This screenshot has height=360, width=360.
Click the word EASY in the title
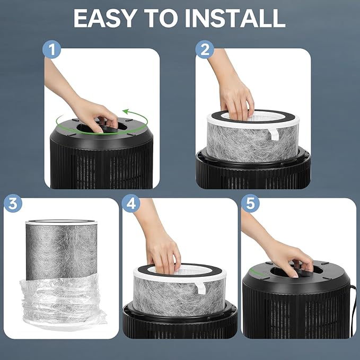point(104,19)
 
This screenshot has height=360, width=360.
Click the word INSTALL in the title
point(235,19)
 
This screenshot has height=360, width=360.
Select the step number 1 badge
point(51,49)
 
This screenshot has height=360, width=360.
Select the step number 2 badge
point(205,49)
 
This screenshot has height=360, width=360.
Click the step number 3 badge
point(13,203)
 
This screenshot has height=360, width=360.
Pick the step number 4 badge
point(131,203)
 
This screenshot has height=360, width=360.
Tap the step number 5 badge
point(250,203)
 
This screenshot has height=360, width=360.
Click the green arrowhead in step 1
point(126,112)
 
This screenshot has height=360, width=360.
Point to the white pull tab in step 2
point(274,134)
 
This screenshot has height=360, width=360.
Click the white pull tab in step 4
point(200,288)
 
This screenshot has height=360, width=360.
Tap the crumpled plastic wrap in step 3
point(63,301)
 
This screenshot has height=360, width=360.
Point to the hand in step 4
point(161,245)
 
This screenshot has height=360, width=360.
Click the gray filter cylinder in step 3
point(62,250)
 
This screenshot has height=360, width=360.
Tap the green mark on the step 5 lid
point(257,273)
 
